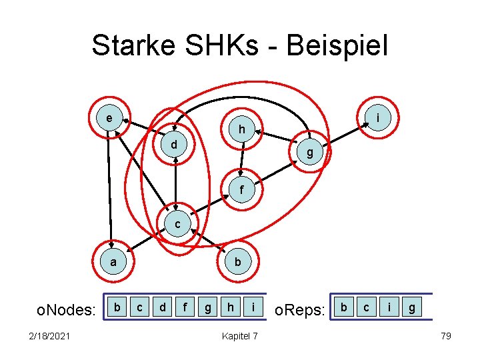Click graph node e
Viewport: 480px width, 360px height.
click(109, 119)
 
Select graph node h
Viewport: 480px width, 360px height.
click(243, 129)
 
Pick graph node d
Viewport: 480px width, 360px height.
click(173, 143)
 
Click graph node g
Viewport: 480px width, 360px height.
click(310, 153)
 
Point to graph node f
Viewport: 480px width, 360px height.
click(242, 190)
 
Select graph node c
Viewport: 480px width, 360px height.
click(177, 225)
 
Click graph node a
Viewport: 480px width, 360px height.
click(113, 262)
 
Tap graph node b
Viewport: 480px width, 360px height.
click(238, 262)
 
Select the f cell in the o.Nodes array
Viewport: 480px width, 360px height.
click(185, 307)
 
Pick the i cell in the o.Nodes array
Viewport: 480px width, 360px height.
click(253, 307)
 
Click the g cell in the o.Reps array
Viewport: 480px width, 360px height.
click(412, 307)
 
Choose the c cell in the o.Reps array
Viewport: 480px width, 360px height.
click(366, 307)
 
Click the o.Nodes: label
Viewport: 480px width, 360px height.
click(65, 309)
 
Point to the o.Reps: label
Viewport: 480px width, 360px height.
click(300, 309)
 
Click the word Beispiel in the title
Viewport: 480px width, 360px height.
click(336, 47)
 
